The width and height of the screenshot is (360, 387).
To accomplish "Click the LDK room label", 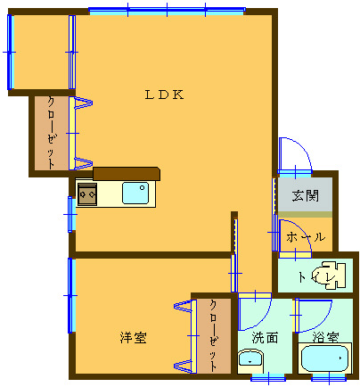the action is click(x=164, y=95).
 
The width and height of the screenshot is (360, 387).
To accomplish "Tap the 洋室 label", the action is click(x=134, y=338).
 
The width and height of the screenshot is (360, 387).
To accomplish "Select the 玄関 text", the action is click(x=305, y=195).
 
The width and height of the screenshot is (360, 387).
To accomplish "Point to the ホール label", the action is click(x=306, y=237).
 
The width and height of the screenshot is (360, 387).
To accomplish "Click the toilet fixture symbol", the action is click(x=330, y=276).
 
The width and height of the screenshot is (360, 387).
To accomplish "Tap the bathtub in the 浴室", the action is click(x=324, y=358).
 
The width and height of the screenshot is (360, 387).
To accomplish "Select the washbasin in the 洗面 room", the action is click(x=250, y=361).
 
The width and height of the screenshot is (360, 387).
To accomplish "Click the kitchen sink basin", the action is click(x=135, y=193).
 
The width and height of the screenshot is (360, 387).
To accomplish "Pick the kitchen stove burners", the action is click(x=87, y=194).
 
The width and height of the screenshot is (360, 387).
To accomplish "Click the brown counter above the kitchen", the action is click(x=127, y=174).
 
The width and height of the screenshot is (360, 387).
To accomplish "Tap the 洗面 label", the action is click(x=265, y=338).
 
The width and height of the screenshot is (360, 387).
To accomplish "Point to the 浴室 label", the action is click(x=325, y=337).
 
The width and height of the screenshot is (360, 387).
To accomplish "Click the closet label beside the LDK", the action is click(x=52, y=134).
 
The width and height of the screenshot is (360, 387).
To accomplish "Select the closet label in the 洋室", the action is click(x=213, y=335).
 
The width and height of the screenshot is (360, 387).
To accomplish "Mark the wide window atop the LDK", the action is click(x=167, y=12).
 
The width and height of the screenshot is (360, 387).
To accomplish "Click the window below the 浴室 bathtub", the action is click(x=329, y=379).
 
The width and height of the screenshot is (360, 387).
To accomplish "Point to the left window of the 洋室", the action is click(x=70, y=295).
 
